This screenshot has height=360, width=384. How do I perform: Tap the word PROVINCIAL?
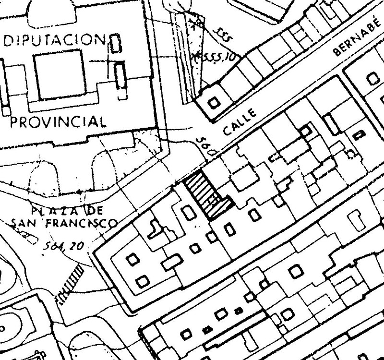(58, 122)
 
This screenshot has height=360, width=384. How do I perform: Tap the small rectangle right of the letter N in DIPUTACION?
(115, 43)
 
